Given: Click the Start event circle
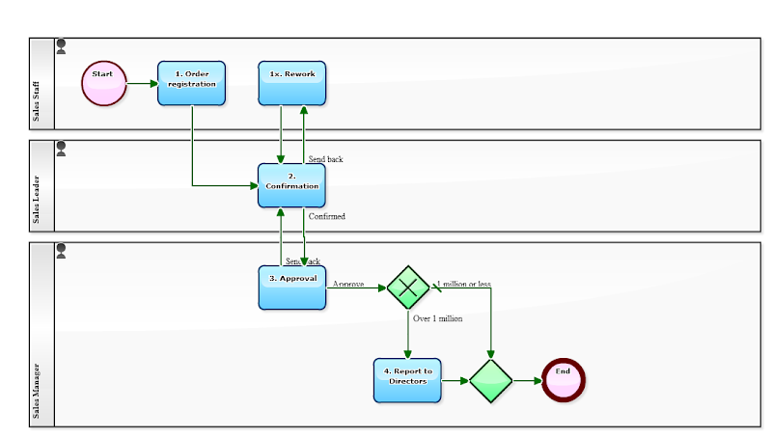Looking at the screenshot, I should (104, 83).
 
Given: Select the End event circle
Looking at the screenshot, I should (564, 380).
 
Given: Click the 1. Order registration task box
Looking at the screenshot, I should (191, 83).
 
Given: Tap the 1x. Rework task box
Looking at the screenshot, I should (292, 83).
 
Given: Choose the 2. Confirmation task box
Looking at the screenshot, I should (291, 185).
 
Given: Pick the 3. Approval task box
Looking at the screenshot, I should (292, 287).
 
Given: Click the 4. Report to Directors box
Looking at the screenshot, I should (407, 380).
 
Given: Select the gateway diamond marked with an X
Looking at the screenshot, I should (407, 287).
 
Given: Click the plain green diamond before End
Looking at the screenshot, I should (491, 380).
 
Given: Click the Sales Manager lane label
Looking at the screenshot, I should (37, 393).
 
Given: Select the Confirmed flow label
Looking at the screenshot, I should (326, 217).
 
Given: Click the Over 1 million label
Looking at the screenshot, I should (437, 318).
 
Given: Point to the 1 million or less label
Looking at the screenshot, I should (464, 285).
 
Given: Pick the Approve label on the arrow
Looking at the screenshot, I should (347, 285).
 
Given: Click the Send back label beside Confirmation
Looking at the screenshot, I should (325, 159).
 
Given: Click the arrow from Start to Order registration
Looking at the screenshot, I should (142, 83).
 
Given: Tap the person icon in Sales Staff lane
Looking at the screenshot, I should (62, 45).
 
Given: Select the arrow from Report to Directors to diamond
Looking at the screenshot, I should (455, 380).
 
